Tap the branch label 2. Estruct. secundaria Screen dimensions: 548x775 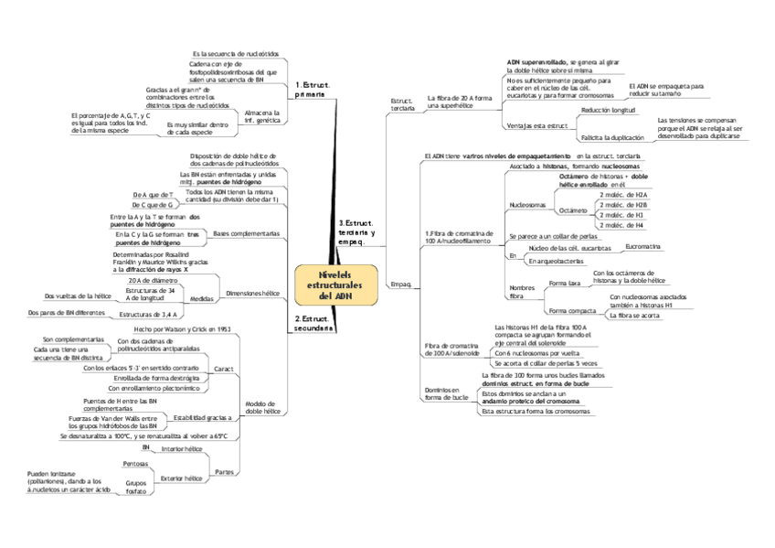(313, 323)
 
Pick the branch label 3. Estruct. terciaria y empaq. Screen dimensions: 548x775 (356, 232)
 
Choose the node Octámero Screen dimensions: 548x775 (572, 210)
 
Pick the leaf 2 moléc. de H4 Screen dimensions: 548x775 (620, 225)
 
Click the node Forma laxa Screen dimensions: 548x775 (564, 284)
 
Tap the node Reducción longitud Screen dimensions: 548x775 (608, 110)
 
